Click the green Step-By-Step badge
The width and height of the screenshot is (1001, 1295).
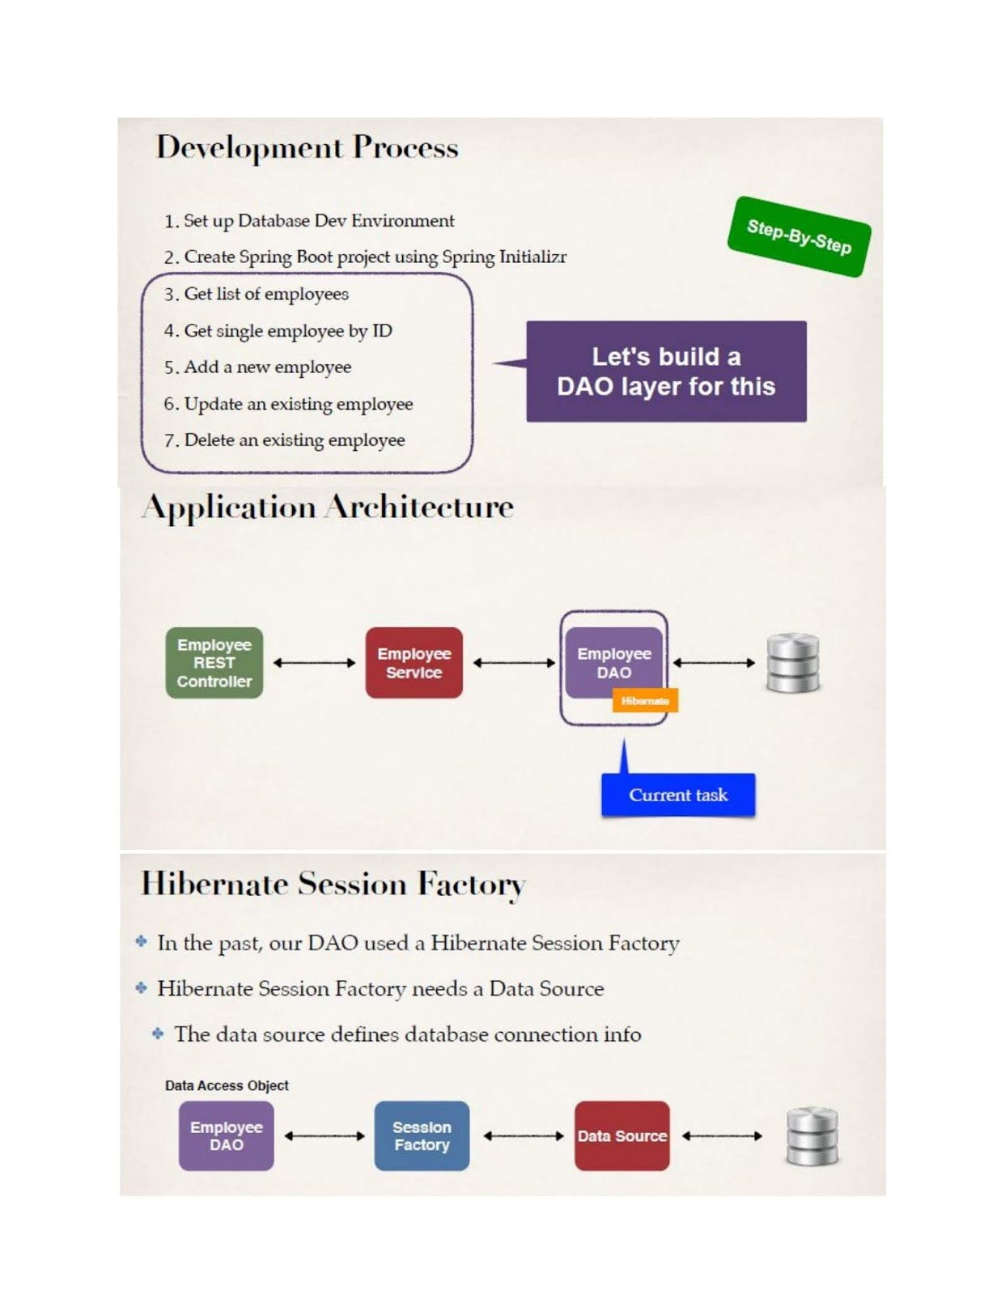pyautogui.click(x=799, y=236)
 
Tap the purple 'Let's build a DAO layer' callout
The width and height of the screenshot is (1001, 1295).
pyautogui.click(x=666, y=372)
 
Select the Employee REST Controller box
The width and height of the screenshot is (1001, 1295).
pyautogui.click(x=214, y=663)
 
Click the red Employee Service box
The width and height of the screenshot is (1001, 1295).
pyautogui.click(x=414, y=663)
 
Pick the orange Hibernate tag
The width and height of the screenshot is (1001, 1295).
pyautogui.click(x=645, y=701)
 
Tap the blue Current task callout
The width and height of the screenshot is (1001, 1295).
pyautogui.click(x=678, y=795)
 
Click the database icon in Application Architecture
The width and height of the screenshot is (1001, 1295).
pyautogui.click(x=792, y=663)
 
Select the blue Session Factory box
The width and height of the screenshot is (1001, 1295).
pyautogui.click(x=422, y=1136)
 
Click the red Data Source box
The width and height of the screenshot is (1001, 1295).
pyautogui.click(x=621, y=1136)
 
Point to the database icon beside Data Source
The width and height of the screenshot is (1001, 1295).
pyautogui.click(x=812, y=1136)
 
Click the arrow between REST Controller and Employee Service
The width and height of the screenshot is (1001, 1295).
pyautogui.click(x=314, y=663)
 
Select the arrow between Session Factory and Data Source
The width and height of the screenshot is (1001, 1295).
pyautogui.click(x=523, y=1136)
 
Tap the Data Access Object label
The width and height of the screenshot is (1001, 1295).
pyautogui.click(x=227, y=1085)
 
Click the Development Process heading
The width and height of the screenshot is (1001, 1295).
pyautogui.click(x=307, y=147)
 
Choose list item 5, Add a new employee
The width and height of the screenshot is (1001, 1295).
pyautogui.click(x=267, y=367)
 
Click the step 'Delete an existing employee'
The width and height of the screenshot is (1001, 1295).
pyautogui.click(x=294, y=440)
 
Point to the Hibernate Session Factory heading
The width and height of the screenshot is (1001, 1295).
pyautogui.click(x=333, y=884)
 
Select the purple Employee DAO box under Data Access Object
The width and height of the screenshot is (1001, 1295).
pyautogui.click(x=227, y=1136)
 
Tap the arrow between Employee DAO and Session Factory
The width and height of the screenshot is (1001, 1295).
pyautogui.click(x=324, y=1136)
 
